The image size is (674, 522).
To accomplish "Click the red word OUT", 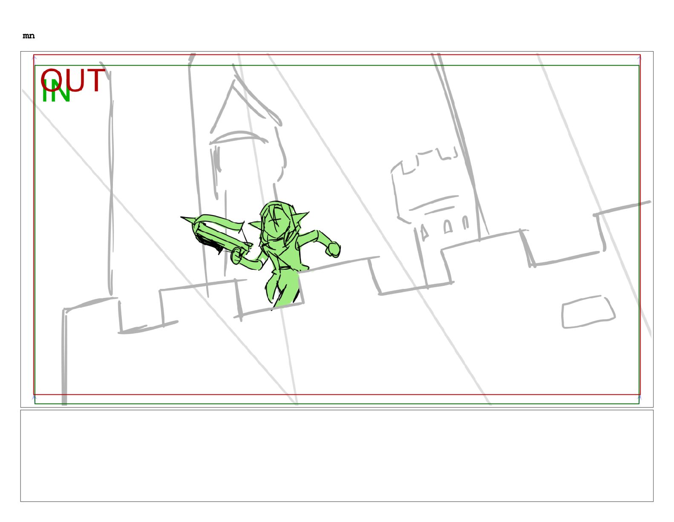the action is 73,80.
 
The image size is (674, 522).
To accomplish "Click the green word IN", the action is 56,91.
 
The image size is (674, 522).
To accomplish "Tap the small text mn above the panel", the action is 29,36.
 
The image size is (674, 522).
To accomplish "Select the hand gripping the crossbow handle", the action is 237,256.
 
